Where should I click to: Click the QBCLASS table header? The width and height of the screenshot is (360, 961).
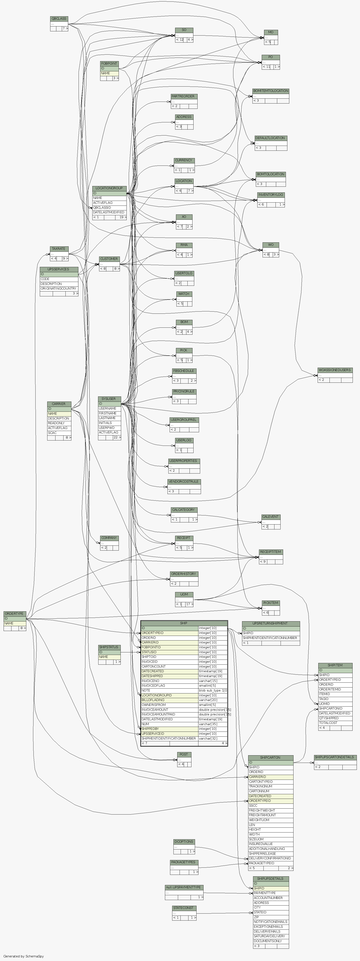pyautogui.click(x=59, y=19)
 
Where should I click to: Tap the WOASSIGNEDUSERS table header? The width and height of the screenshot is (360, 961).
pyautogui.click(x=335, y=370)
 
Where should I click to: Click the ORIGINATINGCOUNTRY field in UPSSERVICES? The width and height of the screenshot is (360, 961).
pyautogui.click(x=59, y=288)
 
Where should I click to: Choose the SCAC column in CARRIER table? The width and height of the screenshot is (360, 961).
pyautogui.click(x=59, y=433)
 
